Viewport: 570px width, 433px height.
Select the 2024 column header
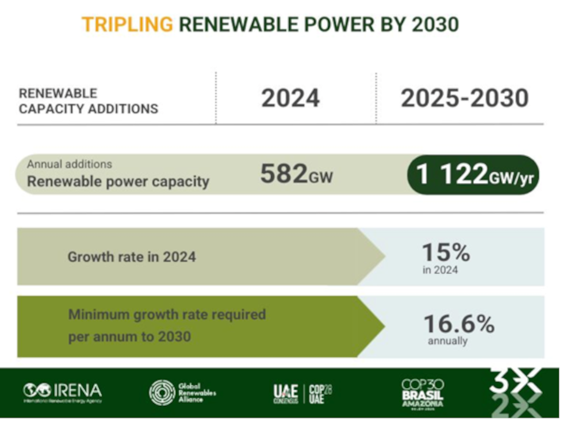click(291, 99)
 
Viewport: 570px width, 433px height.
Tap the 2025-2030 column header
click(464, 99)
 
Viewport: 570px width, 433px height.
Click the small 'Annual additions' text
click(70, 164)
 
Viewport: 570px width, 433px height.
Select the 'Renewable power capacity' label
click(118, 182)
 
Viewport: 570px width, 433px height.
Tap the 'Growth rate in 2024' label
click(132, 257)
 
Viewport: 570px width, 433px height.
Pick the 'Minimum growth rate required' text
click(166, 314)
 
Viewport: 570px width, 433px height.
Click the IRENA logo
click(63, 392)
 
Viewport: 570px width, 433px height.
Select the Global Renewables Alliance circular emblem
click(162, 392)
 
